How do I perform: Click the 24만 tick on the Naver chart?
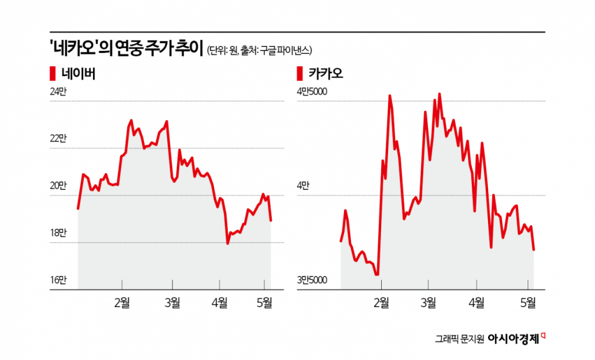click(58, 91)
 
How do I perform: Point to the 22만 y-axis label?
click(58, 138)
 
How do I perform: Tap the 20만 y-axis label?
click(58, 186)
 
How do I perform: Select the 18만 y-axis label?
click(58, 233)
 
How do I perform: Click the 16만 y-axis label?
click(58, 280)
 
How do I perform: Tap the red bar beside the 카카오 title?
click(300, 74)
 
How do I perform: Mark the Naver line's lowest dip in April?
click(228, 243)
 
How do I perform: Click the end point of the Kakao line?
click(533, 250)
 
